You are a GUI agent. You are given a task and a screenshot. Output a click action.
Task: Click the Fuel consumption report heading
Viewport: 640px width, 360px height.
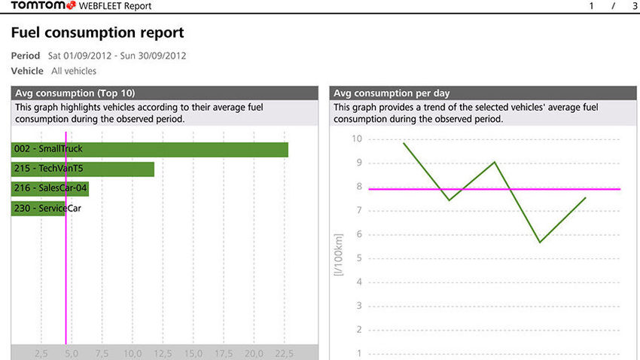(97, 33)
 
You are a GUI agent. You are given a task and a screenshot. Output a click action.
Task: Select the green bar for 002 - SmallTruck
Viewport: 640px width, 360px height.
(150, 149)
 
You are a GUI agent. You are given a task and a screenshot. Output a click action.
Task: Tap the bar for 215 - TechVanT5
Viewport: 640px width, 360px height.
(83, 169)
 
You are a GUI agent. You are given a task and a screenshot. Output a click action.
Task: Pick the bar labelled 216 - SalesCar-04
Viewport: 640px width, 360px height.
(50, 188)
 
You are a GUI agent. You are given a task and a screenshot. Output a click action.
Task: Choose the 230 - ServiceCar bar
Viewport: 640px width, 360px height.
(38, 208)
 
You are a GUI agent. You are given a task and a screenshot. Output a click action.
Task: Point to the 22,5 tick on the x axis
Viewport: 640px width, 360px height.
(283, 353)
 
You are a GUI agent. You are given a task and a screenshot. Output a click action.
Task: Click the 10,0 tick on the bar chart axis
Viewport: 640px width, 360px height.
(133, 353)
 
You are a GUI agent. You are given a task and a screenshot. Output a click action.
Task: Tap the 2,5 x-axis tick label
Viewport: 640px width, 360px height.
(41, 353)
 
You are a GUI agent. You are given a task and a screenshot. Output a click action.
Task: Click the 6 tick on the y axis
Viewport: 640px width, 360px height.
(359, 234)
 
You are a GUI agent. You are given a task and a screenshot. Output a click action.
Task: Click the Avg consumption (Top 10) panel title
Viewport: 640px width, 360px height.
(75, 93)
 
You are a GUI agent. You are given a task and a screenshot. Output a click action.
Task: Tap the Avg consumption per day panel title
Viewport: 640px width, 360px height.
(392, 93)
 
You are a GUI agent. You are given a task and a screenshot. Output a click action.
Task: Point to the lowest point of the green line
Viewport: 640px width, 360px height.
(539, 243)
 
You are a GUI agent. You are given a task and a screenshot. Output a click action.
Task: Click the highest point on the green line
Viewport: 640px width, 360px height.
(404, 142)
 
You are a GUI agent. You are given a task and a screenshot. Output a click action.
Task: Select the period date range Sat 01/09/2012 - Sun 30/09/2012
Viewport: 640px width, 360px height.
(117, 56)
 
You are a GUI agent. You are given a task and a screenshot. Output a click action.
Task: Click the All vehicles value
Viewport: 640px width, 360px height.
(74, 72)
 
